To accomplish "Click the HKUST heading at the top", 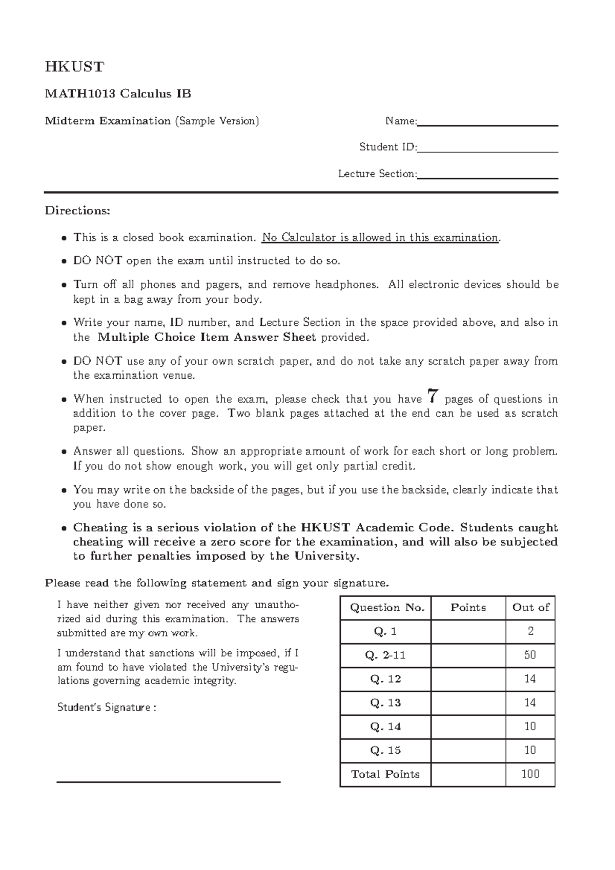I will [74, 67].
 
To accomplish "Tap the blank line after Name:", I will [487, 123].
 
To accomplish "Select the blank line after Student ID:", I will [487, 150].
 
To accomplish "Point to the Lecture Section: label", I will [377, 174].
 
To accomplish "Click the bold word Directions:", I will [77, 211].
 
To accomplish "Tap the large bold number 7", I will [433, 396].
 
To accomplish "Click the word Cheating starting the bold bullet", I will [100, 528].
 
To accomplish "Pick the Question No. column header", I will [387, 608].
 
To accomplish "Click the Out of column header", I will [530, 608].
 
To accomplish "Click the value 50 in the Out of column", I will [530, 655].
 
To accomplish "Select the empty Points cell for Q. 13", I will [468, 703].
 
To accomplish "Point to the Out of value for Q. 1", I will [530, 632].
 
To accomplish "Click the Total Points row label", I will [385, 774].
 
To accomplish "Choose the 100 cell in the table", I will [530, 774].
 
